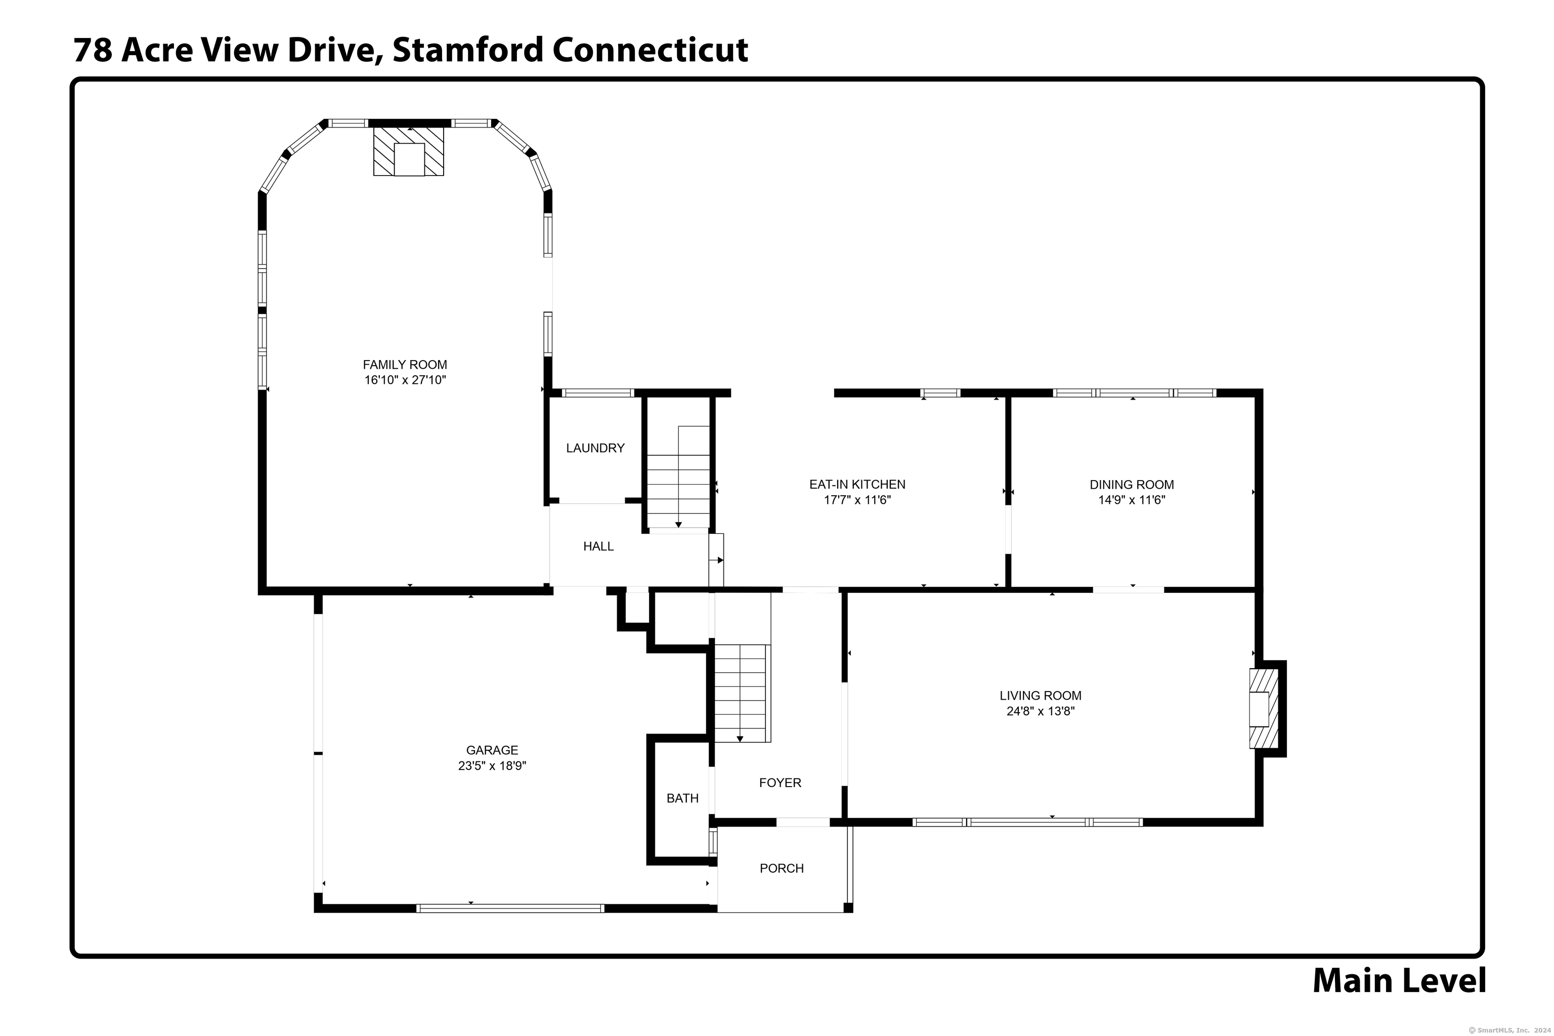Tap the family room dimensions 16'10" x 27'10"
click(x=405, y=380)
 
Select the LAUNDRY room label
click(x=595, y=448)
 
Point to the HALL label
click(x=598, y=546)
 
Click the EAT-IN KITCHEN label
click(x=857, y=484)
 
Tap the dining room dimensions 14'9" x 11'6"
click(x=1131, y=500)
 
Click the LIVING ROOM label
click(x=1040, y=696)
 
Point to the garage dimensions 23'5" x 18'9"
click(x=492, y=766)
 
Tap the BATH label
click(x=682, y=799)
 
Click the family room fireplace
click(x=408, y=151)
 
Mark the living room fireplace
click(x=1263, y=709)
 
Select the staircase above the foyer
click(x=741, y=693)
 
